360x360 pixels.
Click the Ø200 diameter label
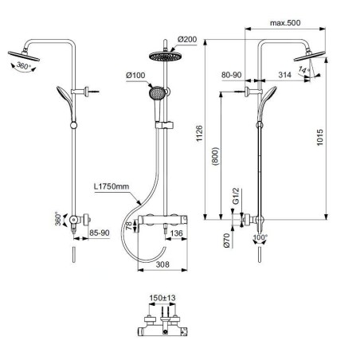[x=188, y=39]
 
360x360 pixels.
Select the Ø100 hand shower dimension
[x=135, y=76]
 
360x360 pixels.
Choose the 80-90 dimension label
[x=231, y=76]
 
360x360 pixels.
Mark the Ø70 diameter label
[x=226, y=240]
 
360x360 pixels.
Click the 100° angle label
[x=260, y=238]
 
